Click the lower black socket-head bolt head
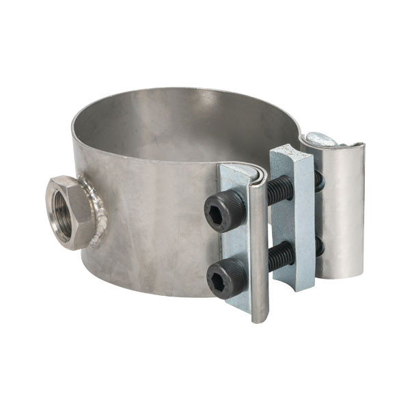click(226, 275)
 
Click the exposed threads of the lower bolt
click(280, 256)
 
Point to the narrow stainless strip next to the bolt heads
click(258, 246)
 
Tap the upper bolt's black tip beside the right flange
click(318, 180)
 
